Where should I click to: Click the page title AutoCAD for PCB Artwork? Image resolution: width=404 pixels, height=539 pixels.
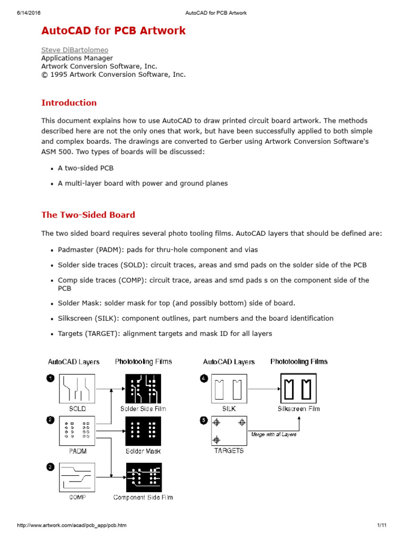[113, 31]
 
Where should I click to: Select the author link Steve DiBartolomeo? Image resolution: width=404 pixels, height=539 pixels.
[75, 50]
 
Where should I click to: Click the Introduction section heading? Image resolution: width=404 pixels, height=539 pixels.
[69, 103]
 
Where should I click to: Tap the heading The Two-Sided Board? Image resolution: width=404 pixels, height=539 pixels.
[88, 215]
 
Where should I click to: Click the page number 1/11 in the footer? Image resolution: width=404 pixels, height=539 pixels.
[382, 525]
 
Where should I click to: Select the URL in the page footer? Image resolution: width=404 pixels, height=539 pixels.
[72, 525]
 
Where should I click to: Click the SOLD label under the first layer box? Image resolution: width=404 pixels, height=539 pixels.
[77, 408]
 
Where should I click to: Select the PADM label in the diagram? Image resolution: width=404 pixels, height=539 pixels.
[77, 451]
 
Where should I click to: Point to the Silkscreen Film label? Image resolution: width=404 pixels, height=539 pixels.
[299, 408]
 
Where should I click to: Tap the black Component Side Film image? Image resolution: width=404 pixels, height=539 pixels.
[144, 477]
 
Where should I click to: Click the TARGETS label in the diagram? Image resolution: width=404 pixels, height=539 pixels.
[229, 451]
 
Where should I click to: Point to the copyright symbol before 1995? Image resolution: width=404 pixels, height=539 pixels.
[45, 75]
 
